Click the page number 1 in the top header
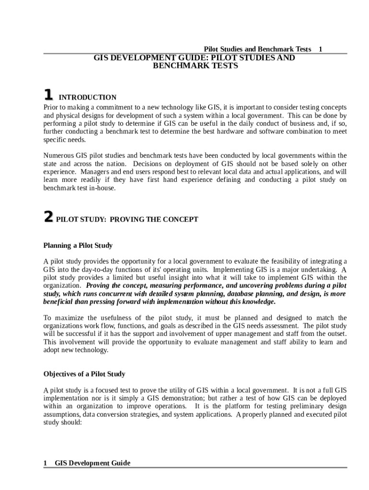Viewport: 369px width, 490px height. (x=321, y=49)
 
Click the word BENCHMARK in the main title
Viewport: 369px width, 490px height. (x=175, y=66)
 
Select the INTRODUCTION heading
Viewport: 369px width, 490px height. (x=87, y=97)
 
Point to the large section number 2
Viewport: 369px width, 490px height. (x=48, y=217)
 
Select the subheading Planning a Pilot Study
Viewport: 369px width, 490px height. (x=78, y=245)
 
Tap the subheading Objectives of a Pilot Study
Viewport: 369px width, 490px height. (x=84, y=374)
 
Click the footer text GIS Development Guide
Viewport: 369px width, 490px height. (x=92, y=463)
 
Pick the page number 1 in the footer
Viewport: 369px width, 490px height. (x=46, y=463)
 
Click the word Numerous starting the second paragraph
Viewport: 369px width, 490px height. (x=58, y=156)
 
